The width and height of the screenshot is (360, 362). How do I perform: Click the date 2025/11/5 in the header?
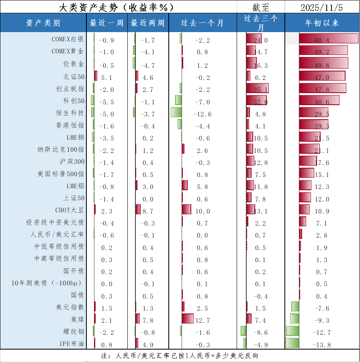(x=322, y=7)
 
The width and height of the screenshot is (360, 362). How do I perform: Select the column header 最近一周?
(x=106, y=23)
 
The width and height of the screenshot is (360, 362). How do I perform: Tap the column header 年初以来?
(x=322, y=23)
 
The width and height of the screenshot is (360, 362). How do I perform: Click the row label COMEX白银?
(x=67, y=39)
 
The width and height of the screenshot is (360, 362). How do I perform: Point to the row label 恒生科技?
(x=70, y=113)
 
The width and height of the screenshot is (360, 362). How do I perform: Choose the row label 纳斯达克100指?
(x=61, y=150)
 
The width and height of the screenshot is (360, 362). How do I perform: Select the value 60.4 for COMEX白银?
(x=322, y=40)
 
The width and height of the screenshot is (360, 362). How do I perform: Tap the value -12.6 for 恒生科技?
(x=202, y=114)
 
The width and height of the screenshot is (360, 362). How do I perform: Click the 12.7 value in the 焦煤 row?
(x=202, y=320)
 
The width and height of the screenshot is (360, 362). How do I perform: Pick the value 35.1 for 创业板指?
(x=261, y=89)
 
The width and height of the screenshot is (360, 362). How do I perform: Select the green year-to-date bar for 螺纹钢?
(x=292, y=331)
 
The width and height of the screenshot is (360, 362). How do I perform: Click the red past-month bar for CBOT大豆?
(x=186, y=209)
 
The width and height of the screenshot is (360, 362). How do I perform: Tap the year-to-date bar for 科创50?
(x=319, y=100)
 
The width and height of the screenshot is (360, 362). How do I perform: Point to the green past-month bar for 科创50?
(x=178, y=100)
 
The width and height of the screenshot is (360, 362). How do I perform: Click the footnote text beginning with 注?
(x=180, y=356)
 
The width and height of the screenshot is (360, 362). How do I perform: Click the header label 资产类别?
(x=43, y=23)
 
